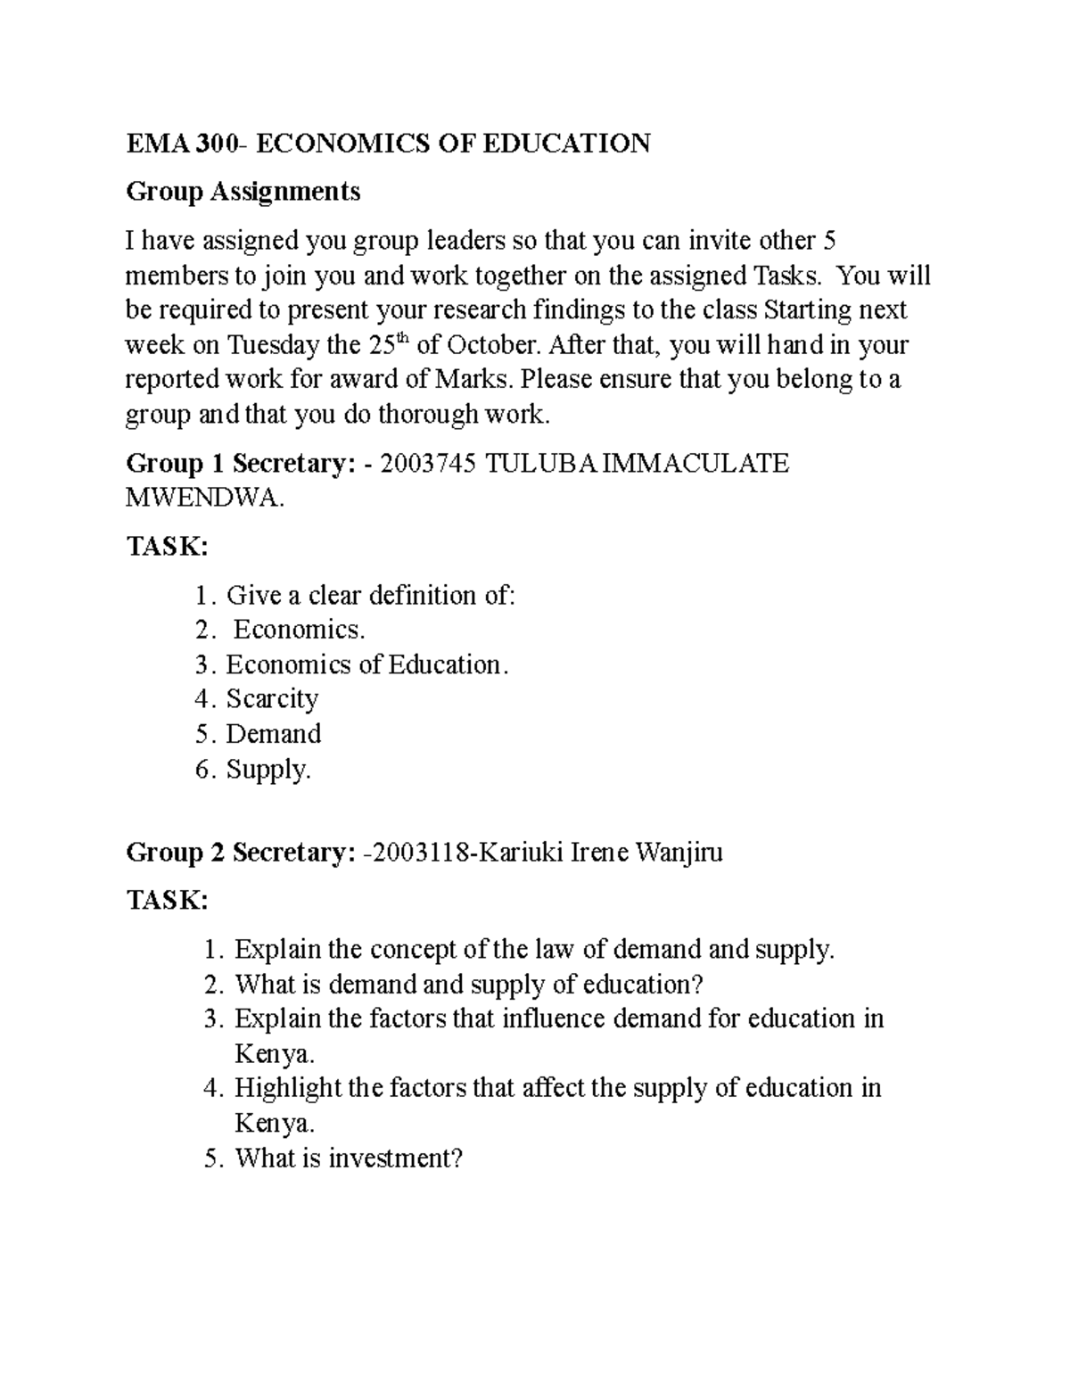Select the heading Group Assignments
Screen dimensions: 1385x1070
pos(243,191)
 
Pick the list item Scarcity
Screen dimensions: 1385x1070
pos(272,698)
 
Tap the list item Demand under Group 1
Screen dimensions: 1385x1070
pos(273,734)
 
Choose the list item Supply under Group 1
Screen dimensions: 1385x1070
pos(268,769)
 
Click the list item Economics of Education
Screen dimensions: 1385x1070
pos(366,664)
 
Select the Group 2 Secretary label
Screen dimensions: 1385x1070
pos(241,853)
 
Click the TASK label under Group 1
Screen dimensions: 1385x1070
pos(167,547)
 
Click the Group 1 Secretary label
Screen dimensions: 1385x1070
pos(241,464)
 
